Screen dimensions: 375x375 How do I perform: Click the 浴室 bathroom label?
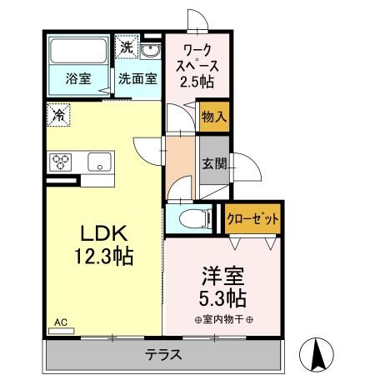point(77,80)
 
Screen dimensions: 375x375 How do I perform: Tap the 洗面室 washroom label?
point(136,80)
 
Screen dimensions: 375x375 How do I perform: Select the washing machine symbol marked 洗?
point(126,47)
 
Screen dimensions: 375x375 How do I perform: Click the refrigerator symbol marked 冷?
point(59,114)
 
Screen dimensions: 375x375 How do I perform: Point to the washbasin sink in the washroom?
point(152,52)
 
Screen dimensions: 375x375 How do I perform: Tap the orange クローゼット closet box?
point(252,218)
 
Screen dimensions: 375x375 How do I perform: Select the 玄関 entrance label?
point(214,164)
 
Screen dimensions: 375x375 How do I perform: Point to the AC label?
point(61,322)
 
